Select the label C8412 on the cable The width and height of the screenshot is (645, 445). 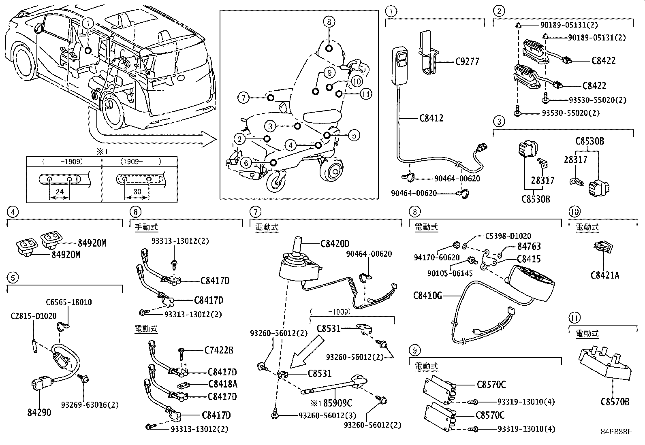coord(431,118)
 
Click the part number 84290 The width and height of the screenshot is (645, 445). coord(39,413)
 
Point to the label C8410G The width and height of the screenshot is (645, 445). coord(427,295)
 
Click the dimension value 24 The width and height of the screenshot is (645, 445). coord(60,192)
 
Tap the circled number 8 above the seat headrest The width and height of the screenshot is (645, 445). coord(329,22)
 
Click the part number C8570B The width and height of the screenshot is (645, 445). coord(615,402)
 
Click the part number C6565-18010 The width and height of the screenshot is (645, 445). coord(68,302)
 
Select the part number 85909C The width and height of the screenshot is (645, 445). coord(337,403)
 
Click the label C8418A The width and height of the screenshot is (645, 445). coord(222,384)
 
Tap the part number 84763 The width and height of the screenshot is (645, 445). coord(529,246)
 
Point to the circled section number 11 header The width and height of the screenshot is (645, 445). coord(574,318)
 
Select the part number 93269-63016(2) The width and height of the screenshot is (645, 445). coord(90,405)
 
